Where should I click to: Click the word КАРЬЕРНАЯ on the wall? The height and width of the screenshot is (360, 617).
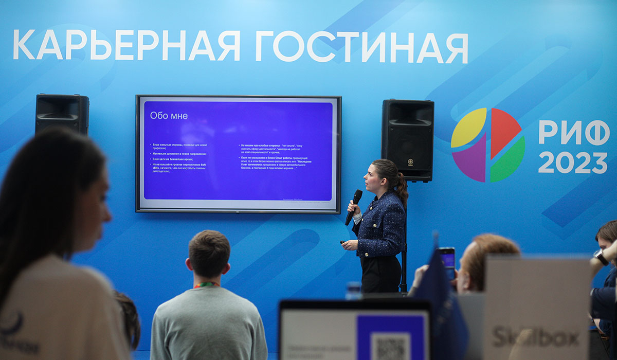tap(126, 45)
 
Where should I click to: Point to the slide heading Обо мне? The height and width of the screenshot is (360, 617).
tap(169, 116)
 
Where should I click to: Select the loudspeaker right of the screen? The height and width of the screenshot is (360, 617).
tap(408, 139)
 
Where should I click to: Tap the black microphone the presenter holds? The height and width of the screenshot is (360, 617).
tap(354, 206)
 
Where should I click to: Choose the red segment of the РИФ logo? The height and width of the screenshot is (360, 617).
tap(503, 131)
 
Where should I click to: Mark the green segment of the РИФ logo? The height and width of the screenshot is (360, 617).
tap(509, 161)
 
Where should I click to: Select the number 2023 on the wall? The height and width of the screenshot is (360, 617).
tap(572, 163)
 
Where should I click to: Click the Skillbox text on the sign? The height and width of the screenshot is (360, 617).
tap(535, 337)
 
